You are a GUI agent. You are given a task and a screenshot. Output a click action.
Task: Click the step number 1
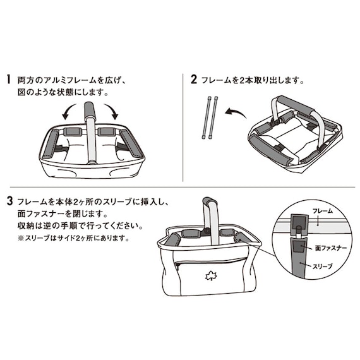pyautogui.click(x=9, y=80)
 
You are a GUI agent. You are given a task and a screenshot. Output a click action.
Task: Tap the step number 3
pyautogui.click(x=9, y=201)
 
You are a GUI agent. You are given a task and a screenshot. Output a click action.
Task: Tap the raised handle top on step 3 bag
pyautogui.click(x=208, y=204)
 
